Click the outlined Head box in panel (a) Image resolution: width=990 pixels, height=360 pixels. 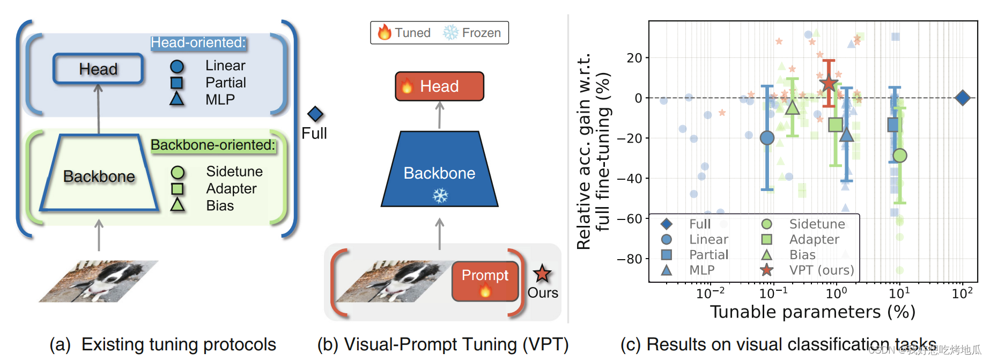click(98, 69)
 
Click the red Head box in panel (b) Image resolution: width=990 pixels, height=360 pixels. click(439, 86)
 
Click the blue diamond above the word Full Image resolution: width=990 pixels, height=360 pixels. click(315, 114)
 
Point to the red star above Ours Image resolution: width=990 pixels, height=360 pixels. click(542, 274)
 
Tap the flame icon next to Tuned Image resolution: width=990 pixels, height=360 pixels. click(384, 33)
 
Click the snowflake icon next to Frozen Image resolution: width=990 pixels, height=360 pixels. click(450, 33)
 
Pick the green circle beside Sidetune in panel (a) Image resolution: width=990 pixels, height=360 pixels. click(178, 172)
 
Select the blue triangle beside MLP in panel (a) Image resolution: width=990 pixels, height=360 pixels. click(177, 99)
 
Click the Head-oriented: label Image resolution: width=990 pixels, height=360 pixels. click(198, 42)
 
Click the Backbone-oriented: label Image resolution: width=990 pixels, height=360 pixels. click(213, 145)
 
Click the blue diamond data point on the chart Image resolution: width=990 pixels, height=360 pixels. click(963, 98)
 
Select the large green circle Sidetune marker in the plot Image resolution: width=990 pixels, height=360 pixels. click(900, 156)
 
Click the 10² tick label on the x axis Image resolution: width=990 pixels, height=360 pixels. click(962, 293)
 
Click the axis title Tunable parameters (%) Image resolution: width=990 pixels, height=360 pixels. click(812, 312)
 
